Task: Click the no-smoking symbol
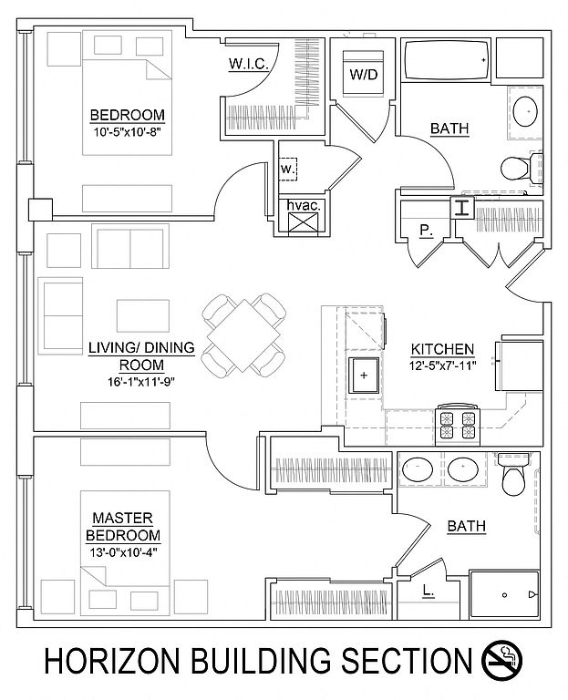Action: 502,660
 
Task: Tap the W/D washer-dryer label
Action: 363,75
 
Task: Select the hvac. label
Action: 304,206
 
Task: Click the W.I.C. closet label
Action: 249,64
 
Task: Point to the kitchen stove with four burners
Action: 458,425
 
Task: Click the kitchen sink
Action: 364,375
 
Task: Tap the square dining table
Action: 243,335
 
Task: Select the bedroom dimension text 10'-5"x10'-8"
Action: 128,131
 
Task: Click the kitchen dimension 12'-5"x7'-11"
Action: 442,366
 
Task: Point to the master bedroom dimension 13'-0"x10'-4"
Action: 122,551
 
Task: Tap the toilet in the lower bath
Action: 514,475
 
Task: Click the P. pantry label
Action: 426,231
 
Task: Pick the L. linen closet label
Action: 428,592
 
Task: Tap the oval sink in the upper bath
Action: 525,110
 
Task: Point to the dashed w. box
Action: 288,170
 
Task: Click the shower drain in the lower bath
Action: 504,594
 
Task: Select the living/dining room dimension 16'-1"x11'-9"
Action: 141,381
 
